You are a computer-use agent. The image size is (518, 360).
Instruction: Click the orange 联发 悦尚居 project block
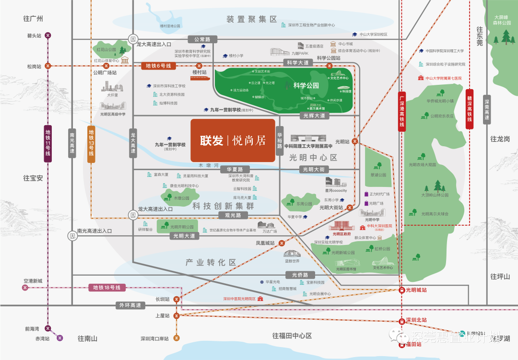point(233,140)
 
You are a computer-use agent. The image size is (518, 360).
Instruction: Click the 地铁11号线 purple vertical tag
point(47,142)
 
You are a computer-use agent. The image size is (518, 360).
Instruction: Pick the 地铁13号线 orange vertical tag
point(91,142)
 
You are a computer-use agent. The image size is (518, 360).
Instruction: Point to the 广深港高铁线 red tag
point(402,111)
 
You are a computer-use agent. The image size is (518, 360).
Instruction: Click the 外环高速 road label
point(130,305)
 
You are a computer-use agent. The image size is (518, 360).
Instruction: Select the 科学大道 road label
point(297,63)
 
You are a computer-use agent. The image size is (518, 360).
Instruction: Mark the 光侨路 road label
point(300,275)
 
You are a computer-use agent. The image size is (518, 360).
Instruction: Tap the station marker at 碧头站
point(48,35)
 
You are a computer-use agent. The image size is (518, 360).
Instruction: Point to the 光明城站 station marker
point(402,290)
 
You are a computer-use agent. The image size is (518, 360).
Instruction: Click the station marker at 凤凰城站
point(281,243)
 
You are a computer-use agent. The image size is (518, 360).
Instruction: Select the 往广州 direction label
point(33,19)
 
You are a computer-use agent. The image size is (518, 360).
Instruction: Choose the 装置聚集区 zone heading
point(252,19)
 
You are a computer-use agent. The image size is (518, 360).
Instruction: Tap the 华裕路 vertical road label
point(280,140)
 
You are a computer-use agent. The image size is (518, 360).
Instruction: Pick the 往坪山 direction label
point(500,276)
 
